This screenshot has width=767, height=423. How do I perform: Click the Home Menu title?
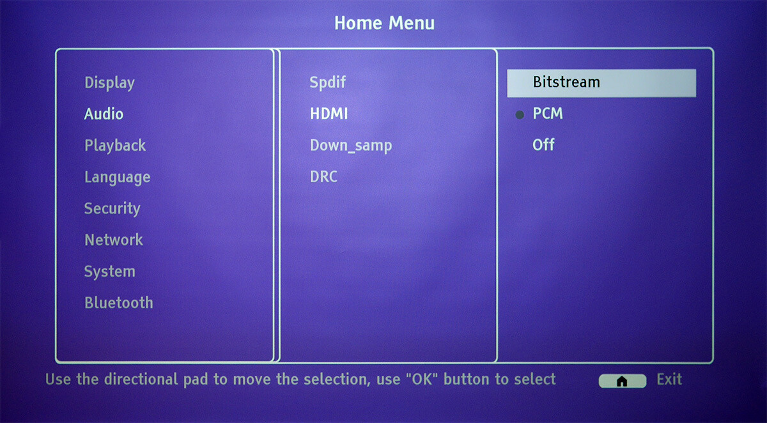(x=384, y=23)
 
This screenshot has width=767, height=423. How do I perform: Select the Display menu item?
(x=109, y=83)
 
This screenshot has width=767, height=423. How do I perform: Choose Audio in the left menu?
(x=104, y=114)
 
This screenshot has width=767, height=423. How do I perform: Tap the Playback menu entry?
(x=115, y=146)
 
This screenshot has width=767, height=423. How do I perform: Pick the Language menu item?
(x=118, y=178)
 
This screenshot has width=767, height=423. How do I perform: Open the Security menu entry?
(x=112, y=209)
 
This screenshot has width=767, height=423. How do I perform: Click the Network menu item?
(x=114, y=240)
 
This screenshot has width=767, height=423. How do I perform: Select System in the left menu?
(x=109, y=272)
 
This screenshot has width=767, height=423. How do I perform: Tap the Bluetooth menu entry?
(x=119, y=303)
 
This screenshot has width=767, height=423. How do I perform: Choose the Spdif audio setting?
(x=328, y=83)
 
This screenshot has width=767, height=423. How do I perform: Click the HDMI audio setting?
(x=329, y=114)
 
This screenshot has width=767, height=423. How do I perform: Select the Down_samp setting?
(x=351, y=146)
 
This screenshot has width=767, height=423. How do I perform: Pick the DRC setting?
(x=323, y=177)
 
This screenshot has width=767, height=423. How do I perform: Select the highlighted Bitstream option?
(x=601, y=83)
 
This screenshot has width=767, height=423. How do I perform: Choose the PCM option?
(x=548, y=114)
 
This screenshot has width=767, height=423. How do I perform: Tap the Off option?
(x=543, y=145)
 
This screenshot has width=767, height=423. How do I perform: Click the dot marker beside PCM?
(x=520, y=115)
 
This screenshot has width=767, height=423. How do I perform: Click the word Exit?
(x=669, y=380)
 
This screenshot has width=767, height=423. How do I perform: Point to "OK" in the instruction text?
(x=422, y=379)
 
